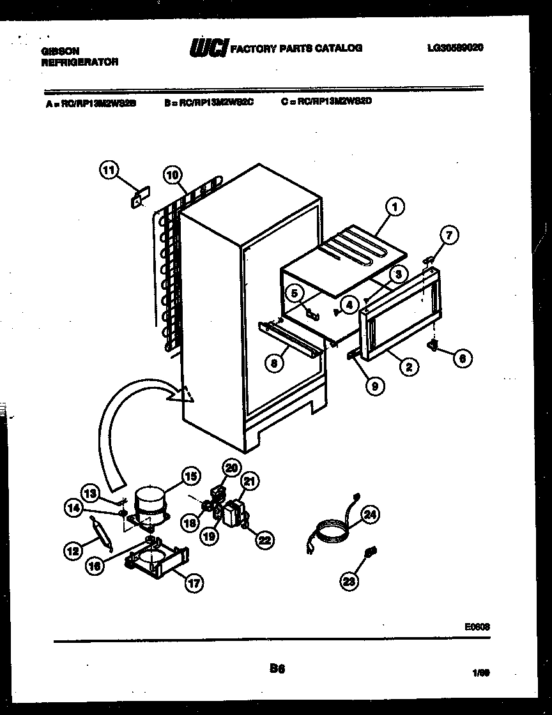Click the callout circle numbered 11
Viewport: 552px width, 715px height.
pos(109,170)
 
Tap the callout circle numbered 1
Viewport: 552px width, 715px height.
pos(395,206)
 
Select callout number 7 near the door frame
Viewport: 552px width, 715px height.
pos(449,236)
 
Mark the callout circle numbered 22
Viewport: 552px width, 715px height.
pos(263,540)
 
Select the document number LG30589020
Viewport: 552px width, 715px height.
pos(454,48)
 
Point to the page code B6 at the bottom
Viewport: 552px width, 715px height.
pos(277,668)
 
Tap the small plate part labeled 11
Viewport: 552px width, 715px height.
pos(139,197)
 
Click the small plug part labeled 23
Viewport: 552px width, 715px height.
pos(370,552)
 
